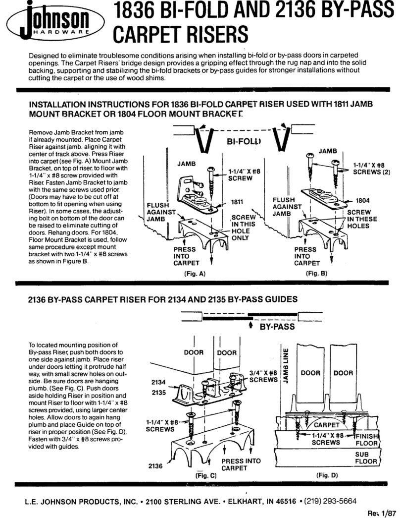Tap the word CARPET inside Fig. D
326,425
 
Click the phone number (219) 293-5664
329,501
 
